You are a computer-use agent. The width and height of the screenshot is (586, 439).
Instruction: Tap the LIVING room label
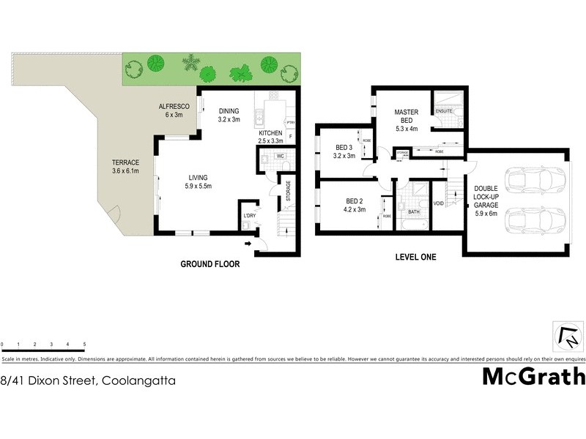(x=198, y=177)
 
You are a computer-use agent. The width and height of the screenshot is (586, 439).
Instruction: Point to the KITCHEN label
(x=270, y=133)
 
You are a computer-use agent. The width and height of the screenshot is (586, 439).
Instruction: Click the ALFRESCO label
(x=175, y=107)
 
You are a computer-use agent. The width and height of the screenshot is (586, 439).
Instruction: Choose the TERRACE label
(x=124, y=162)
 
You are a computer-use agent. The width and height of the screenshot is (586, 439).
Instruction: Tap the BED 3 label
(x=344, y=146)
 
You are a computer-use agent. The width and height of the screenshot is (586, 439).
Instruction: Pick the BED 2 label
(x=355, y=201)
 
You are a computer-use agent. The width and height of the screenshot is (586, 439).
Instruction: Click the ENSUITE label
(x=445, y=111)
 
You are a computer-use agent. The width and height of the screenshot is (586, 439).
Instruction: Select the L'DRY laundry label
(x=250, y=215)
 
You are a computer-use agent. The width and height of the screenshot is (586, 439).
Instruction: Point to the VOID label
(x=439, y=203)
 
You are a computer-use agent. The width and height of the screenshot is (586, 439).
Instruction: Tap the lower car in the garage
(x=535, y=219)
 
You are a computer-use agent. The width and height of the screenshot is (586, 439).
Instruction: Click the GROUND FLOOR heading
(x=210, y=264)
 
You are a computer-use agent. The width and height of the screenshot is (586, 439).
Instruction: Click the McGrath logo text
(x=534, y=377)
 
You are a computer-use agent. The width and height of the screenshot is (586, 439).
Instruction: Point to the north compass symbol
(x=567, y=338)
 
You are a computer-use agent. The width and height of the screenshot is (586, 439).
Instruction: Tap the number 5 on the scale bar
(x=85, y=344)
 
